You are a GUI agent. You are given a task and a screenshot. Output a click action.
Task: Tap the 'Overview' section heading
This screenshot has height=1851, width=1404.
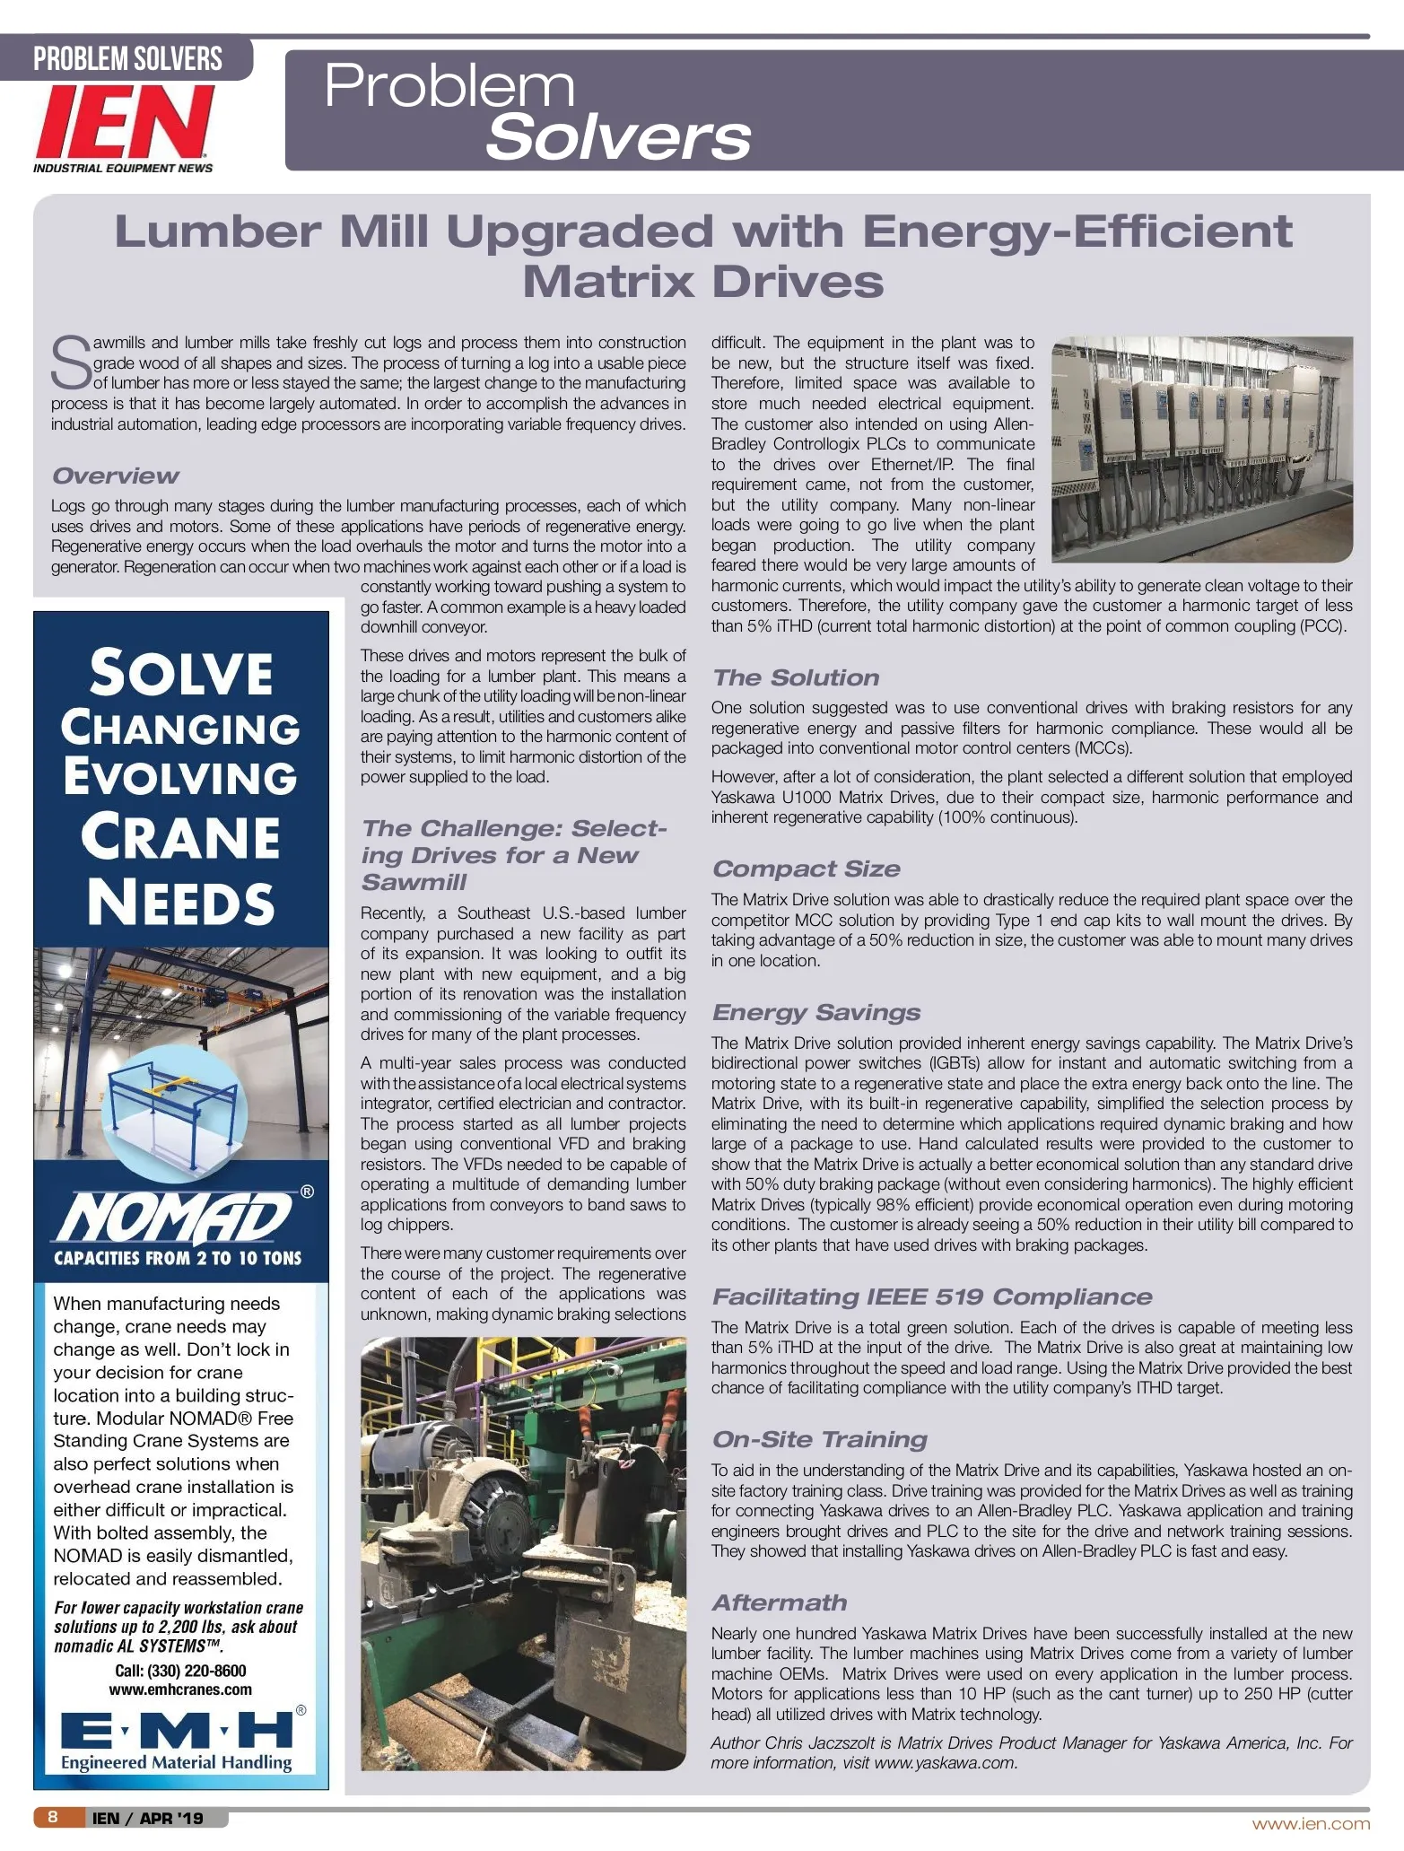pyautogui.click(x=115, y=476)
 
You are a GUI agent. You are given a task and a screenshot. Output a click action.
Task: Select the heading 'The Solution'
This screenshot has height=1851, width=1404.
pyautogui.click(x=796, y=677)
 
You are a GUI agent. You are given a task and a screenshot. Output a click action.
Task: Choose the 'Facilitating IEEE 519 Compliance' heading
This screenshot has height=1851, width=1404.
pyautogui.click(x=931, y=1297)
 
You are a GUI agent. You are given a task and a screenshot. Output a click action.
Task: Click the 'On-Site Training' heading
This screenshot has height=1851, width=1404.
pyautogui.click(x=819, y=1439)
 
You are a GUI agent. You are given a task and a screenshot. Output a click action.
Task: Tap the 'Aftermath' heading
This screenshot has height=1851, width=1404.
pyautogui.click(x=779, y=1602)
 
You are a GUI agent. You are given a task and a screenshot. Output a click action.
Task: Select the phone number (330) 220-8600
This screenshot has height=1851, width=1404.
pyautogui.click(x=180, y=1670)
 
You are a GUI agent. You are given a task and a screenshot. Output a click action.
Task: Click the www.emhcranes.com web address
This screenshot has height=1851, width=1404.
pyautogui.click(x=180, y=1689)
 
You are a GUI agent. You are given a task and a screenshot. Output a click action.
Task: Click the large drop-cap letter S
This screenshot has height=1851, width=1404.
pyautogui.click(x=70, y=363)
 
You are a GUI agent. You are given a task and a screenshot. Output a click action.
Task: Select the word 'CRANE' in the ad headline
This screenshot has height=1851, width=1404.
pyautogui.click(x=180, y=836)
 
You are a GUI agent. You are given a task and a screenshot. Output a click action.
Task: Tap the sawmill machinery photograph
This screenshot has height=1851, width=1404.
pyautogui.click(x=522, y=1553)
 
